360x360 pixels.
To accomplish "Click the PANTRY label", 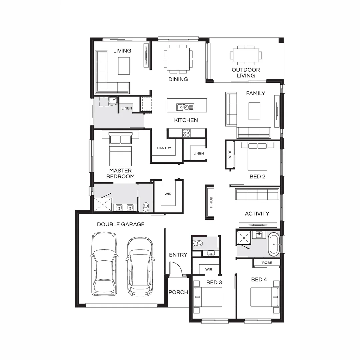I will (x=164, y=148).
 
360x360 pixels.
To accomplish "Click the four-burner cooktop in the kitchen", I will (x=186, y=133).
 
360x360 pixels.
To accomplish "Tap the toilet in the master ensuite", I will (x=146, y=208).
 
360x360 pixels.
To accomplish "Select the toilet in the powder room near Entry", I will (x=198, y=243).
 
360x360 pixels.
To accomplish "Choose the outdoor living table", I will (x=246, y=55).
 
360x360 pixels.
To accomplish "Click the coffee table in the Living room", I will (x=124, y=66).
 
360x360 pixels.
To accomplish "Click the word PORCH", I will (x=178, y=292).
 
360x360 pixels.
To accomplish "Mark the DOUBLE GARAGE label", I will (x=121, y=224).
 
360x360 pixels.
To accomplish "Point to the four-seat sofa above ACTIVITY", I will (x=257, y=194).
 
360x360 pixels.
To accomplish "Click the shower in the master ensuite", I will (x=103, y=204).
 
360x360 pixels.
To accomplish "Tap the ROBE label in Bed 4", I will (x=267, y=263).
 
